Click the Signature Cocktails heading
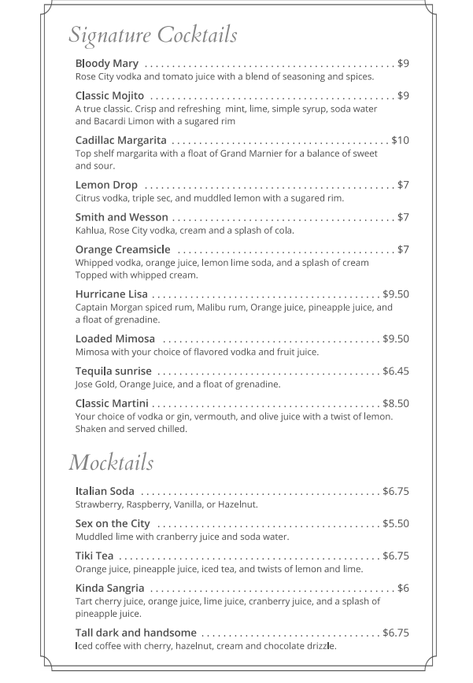click(153, 35)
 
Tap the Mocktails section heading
click(111, 462)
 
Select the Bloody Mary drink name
click(107, 63)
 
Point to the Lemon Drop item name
click(106, 185)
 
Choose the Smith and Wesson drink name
click(122, 217)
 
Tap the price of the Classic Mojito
click(403, 95)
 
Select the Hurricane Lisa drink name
click(112, 294)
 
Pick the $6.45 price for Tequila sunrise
click(396, 371)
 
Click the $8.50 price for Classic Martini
click(396, 403)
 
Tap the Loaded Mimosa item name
click(115, 338)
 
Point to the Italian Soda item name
click(105, 491)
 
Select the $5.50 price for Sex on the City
click(396, 523)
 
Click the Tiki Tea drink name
click(94, 556)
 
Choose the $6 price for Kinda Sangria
click(403, 588)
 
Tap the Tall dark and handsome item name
click(136, 633)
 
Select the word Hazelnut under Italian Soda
click(237, 504)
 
